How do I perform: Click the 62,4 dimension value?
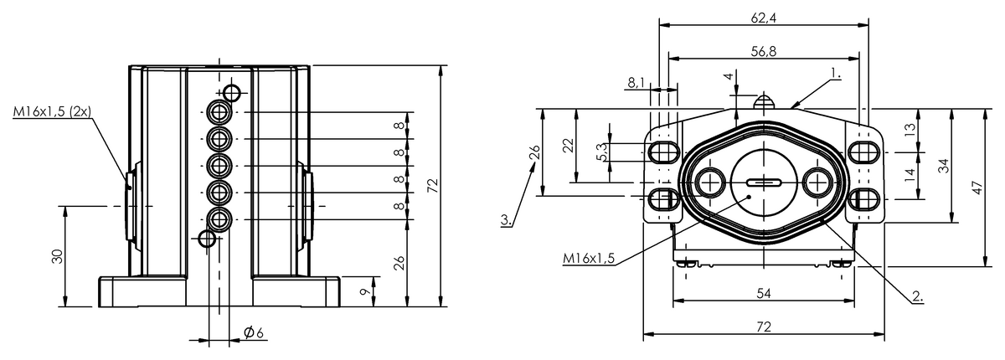[763, 18]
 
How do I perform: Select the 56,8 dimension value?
[763, 52]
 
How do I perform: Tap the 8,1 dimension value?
[636, 83]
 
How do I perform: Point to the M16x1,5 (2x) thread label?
[52, 111]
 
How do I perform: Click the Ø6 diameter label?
[254, 332]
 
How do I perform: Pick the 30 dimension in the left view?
[58, 256]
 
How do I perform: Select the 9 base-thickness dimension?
[366, 292]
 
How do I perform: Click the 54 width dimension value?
[764, 293]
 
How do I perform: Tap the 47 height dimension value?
[978, 188]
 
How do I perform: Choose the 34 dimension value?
[945, 166]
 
